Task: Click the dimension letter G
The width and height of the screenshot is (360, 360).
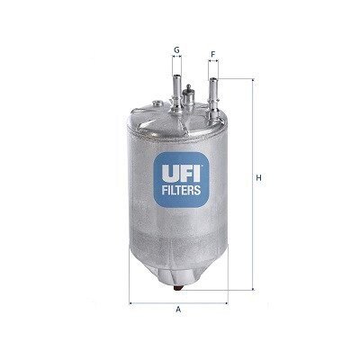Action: (x=176, y=50)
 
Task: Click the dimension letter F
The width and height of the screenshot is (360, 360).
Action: (x=213, y=55)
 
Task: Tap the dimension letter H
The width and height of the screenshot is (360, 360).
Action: (x=258, y=178)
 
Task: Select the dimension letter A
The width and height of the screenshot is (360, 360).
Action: (x=178, y=309)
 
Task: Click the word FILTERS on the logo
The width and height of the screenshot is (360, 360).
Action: (x=181, y=190)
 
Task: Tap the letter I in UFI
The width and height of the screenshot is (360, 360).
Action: (x=196, y=174)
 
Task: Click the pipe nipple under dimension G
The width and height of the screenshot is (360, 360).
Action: (x=176, y=91)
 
